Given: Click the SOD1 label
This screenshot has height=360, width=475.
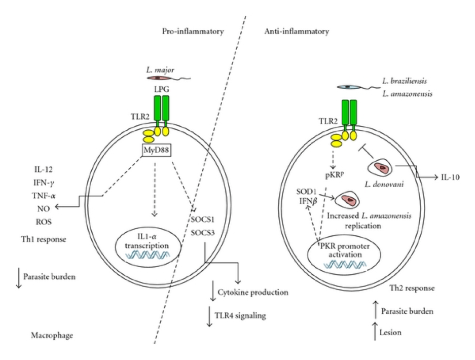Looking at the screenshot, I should [x=306, y=195].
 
